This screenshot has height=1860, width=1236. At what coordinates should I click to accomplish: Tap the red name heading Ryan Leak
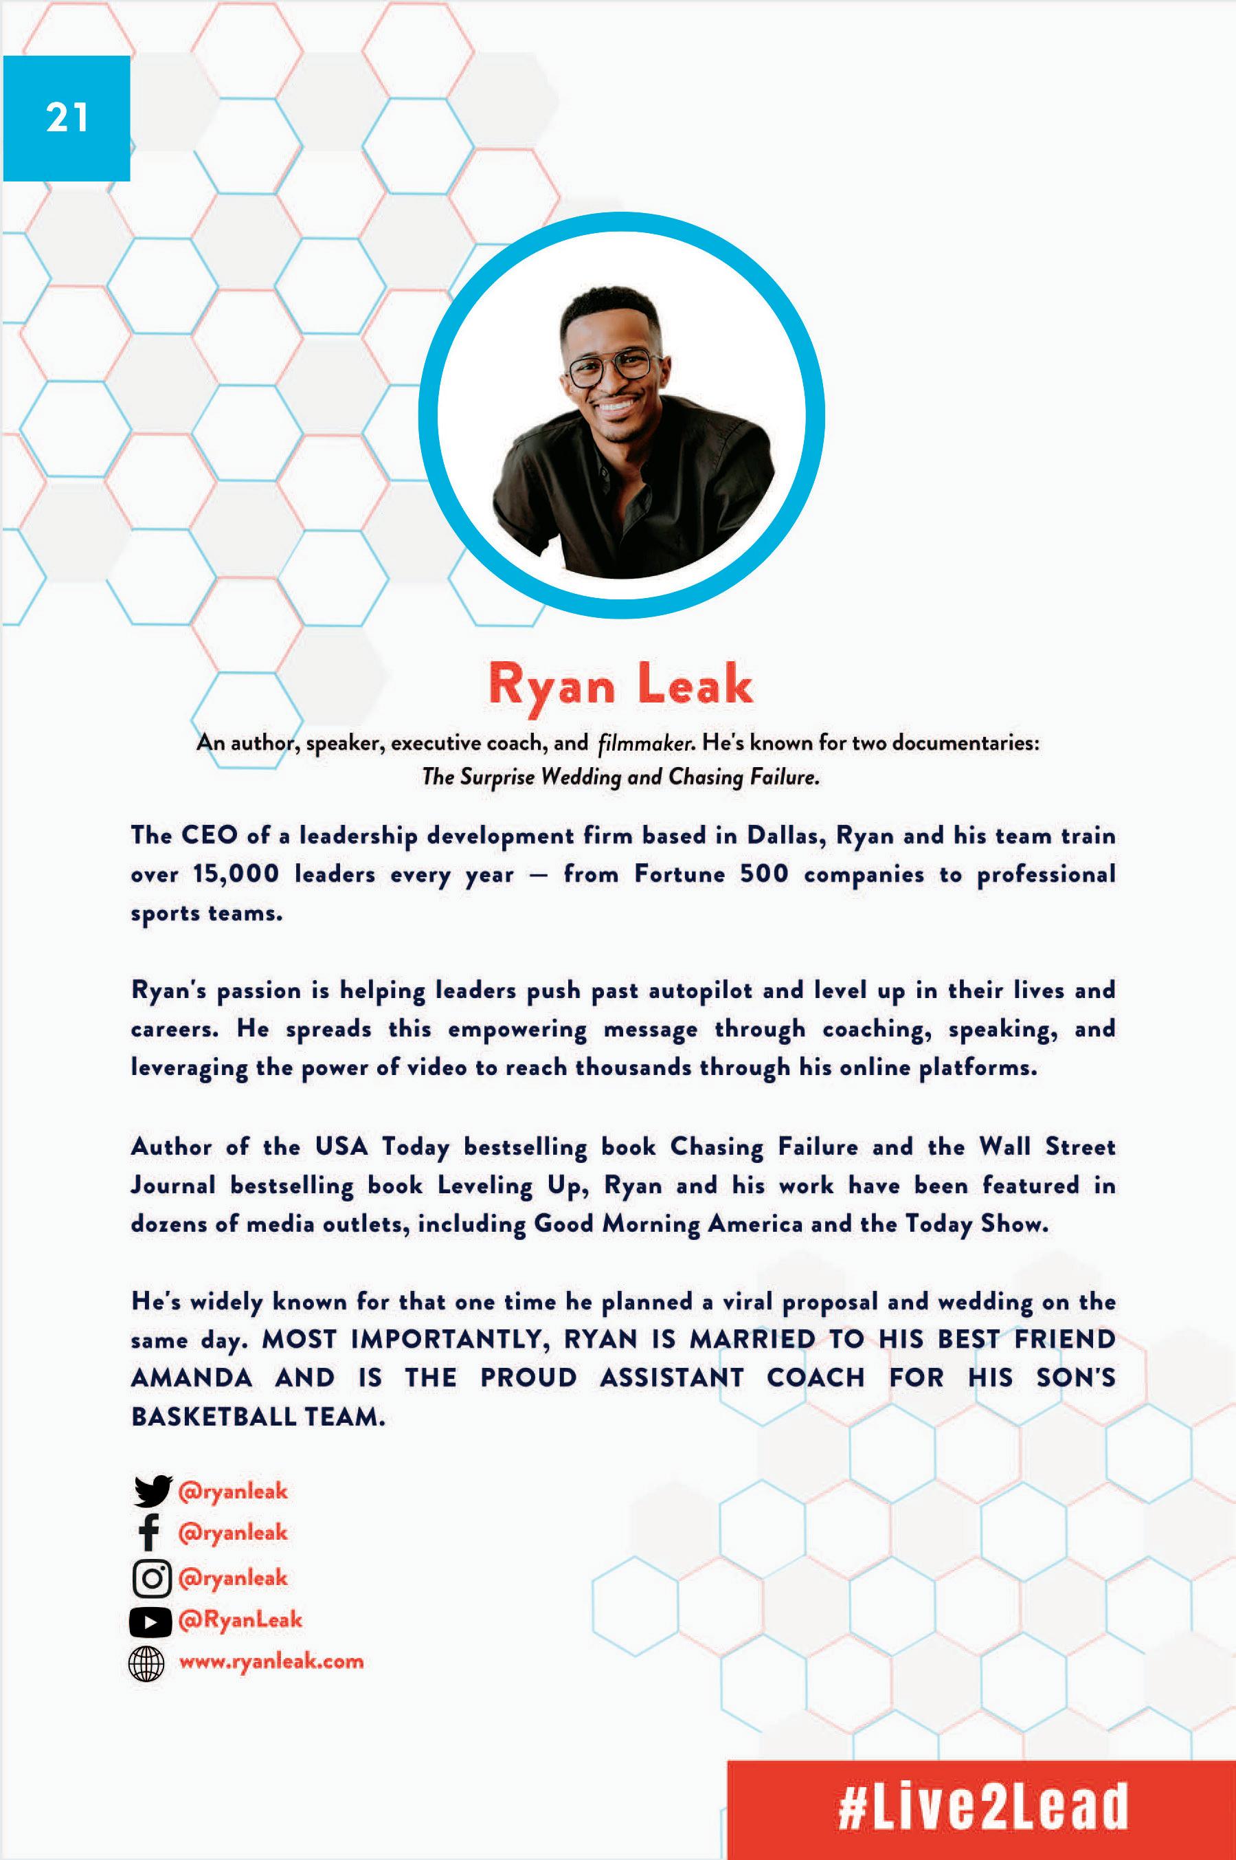tap(620, 684)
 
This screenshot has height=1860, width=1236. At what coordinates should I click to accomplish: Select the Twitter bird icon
tap(152, 1491)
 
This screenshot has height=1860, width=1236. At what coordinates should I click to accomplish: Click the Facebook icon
tap(149, 1532)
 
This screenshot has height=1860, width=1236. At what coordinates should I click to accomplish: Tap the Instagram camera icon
tap(151, 1577)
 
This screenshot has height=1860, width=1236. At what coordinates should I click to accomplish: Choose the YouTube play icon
tap(150, 1621)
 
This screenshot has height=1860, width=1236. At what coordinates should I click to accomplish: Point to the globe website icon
tap(146, 1663)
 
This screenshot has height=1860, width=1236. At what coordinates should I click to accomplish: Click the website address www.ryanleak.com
tap(271, 1661)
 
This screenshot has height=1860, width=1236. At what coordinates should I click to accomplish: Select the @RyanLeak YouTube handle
tap(240, 1619)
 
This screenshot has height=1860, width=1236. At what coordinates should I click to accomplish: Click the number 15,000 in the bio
tap(236, 874)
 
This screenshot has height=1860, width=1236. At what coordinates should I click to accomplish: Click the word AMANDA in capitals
tap(192, 1378)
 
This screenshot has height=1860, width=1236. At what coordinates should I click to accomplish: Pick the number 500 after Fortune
tap(763, 874)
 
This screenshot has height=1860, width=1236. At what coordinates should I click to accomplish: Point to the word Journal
tap(172, 1185)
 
